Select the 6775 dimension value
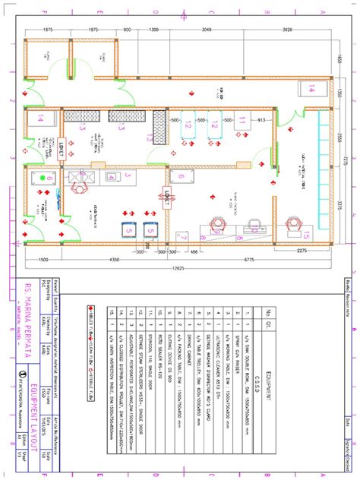coord(249,260)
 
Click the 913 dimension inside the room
coord(261,121)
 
